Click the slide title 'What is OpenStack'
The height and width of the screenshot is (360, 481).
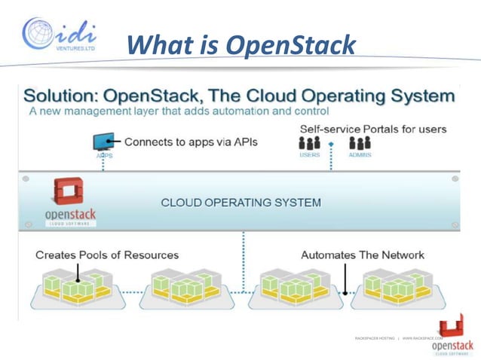tap(240, 44)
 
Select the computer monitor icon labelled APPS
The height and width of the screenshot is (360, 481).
tap(103, 142)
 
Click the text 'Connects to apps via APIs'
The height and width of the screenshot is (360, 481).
tap(191, 141)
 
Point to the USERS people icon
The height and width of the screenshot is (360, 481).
tap(309, 143)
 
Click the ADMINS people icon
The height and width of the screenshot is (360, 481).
tap(360, 143)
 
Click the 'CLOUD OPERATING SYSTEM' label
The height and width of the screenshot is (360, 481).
tap(241, 203)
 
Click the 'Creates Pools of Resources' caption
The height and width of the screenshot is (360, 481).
tap(107, 255)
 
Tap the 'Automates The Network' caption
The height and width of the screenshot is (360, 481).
tap(362, 255)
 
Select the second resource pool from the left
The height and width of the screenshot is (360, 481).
tap(181, 290)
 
